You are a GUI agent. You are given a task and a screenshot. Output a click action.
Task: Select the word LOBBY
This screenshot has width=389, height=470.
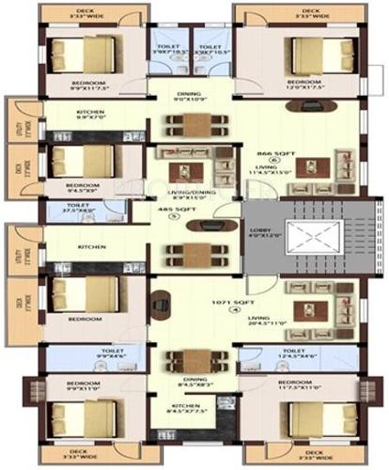(x=258, y=228)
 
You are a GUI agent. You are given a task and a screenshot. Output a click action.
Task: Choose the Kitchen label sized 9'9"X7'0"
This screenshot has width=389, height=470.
(x=88, y=115)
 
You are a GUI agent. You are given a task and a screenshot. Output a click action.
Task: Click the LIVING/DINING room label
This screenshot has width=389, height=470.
(x=190, y=192)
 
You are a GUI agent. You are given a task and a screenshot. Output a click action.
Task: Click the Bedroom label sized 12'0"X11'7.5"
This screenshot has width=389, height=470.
(x=310, y=84)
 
